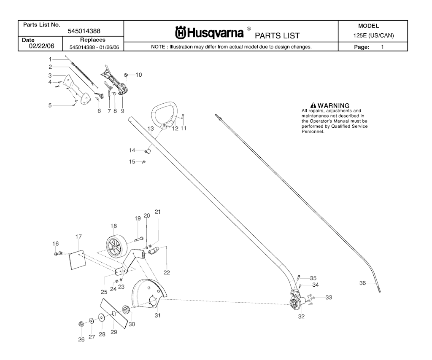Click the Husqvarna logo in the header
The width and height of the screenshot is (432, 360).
pos(209,33)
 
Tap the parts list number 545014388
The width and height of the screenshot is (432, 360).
pos(84,31)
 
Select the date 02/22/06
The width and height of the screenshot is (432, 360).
pos(42,46)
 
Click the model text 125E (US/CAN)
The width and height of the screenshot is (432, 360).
pos(374,35)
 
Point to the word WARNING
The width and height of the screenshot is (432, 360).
pos(333,105)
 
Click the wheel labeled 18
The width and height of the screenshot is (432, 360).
pos(116,244)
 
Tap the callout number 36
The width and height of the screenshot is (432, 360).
pos(362,283)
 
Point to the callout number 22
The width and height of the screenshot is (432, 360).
pos(167,272)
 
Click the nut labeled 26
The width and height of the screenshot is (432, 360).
pos(81,324)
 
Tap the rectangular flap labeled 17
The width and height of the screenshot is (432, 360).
pos(78,260)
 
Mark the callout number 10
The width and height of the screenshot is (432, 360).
pos(138,75)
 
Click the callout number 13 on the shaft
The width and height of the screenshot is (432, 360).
pos(151,129)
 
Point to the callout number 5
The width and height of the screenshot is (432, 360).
pos(50,105)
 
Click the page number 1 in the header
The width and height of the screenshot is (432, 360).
pos(382,47)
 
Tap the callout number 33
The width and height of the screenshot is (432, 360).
pos(329,298)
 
